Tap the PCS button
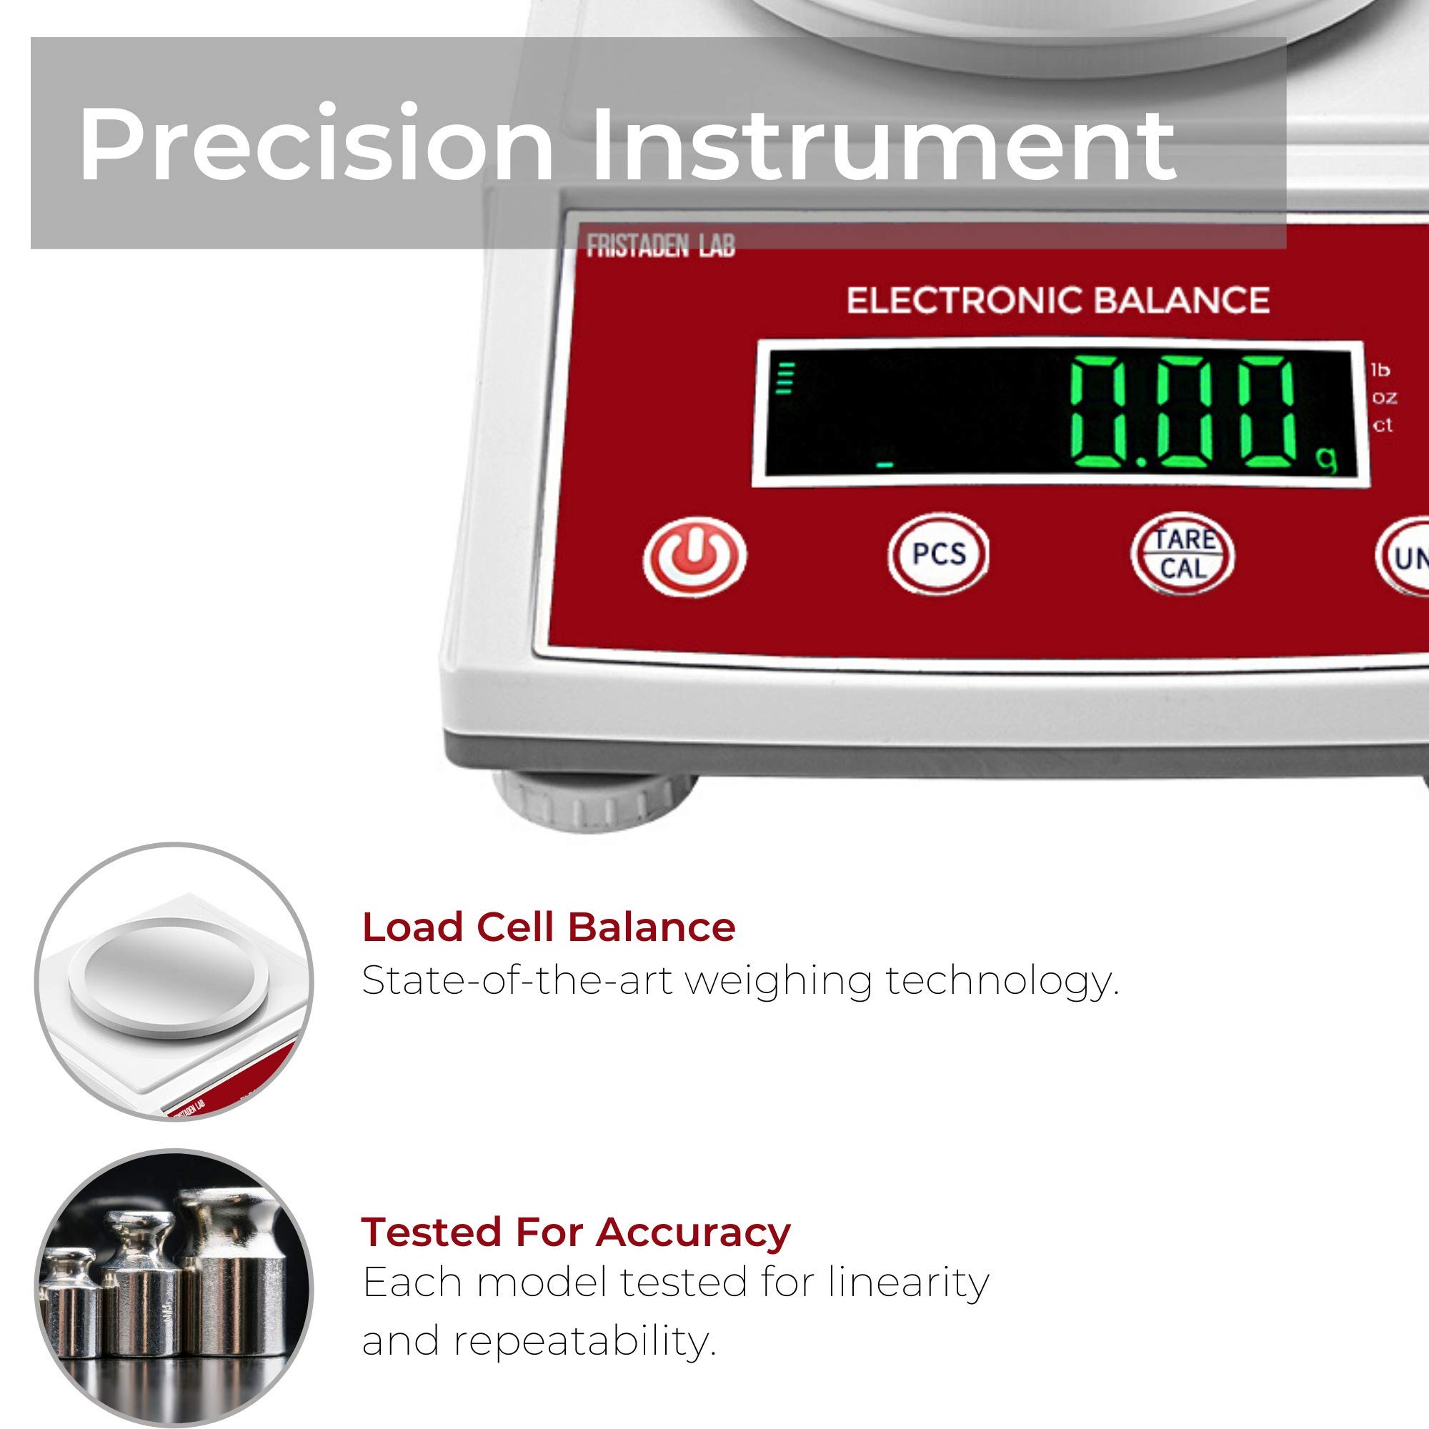click(x=938, y=554)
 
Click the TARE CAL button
click(x=1182, y=554)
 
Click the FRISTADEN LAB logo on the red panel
click(x=660, y=246)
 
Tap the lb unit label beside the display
click(x=1380, y=370)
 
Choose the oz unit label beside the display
click(x=1385, y=397)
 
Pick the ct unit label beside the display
click(x=1383, y=425)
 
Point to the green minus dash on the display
click(x=884, y=465)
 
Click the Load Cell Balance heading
click(x=548, y=927)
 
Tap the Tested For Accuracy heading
click(x=575, y=1170)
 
